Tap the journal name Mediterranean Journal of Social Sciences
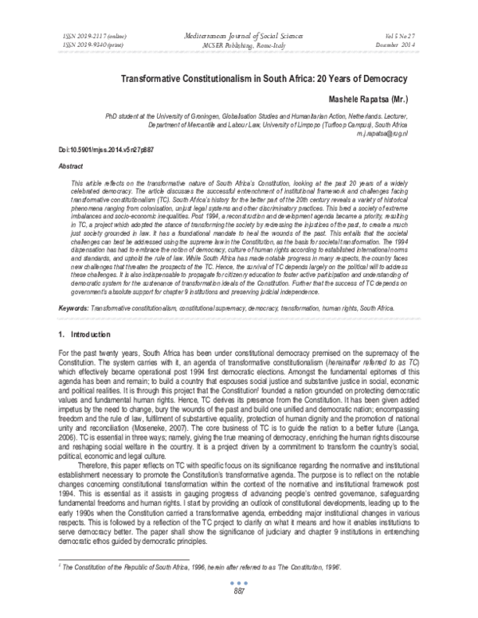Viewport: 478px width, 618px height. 238,37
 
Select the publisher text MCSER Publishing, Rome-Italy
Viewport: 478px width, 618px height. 238,45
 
